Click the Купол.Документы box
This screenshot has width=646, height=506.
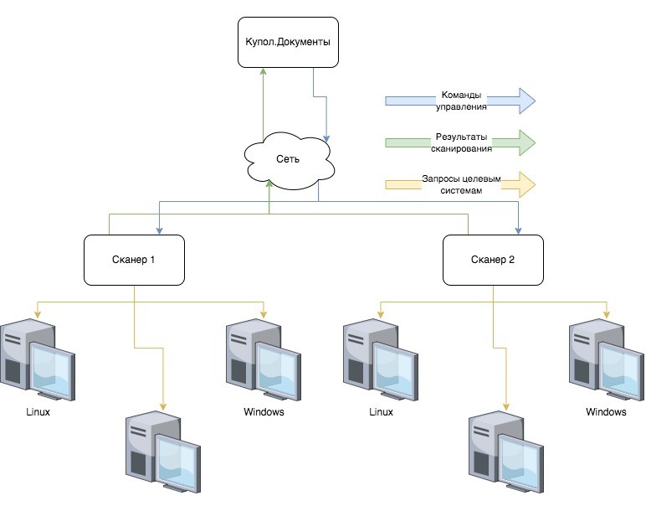pyautogui.click(x=289, y=42)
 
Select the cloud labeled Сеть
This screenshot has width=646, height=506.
pyautogui.click(x=289, y=157)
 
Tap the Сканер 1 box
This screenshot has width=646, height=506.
pyautogui.click(x=134, y=259)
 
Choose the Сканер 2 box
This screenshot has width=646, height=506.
pyautogui.click(x=493, y=259)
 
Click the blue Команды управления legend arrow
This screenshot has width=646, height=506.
pyautogui.click(x=459, y=101)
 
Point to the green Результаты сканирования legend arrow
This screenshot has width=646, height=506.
pyautogui.click(x=459, y=142)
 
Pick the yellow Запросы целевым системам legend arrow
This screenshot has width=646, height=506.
pyautogui.click(x=459, y=184)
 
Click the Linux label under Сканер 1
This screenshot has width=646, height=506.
pyautogui.click(x=38, y=411)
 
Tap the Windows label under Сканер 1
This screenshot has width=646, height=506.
pyautogui.click(x=264, y=411)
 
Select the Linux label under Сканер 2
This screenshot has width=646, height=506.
pyautogui.click(x=381, y=411)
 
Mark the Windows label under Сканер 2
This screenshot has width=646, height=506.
pyautogui.click(x=606, y=412)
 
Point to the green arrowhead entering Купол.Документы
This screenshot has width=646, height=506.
pyautogui.click(x=264, y=72)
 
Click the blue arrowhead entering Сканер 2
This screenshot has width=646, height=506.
pyautogui.click(x=518, y=230)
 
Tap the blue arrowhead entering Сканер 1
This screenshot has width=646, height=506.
pyautogui.click(x=160, y=230)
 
